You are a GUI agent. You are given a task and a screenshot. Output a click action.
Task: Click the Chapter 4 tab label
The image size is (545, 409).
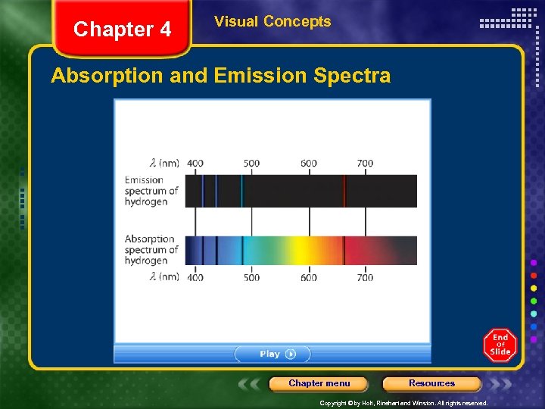(122, 30)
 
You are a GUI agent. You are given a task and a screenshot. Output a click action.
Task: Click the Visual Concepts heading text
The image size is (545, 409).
(272, 21)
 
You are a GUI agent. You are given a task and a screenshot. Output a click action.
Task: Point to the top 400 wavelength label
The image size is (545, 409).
(195, 163)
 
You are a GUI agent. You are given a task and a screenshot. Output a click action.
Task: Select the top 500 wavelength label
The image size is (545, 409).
(251, 163)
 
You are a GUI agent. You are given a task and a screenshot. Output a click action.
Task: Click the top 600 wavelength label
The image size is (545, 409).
(308, 163)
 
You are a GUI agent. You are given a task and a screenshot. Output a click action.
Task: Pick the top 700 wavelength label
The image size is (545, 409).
(365, 163)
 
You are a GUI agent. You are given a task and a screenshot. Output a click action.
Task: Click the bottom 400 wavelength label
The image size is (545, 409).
(195, 277)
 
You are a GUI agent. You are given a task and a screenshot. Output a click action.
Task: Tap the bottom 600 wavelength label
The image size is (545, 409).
(308, 277)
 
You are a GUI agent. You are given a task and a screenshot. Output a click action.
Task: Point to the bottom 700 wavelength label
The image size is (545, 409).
(365, 277)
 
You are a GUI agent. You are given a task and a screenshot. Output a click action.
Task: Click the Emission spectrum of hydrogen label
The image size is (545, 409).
(151, 191)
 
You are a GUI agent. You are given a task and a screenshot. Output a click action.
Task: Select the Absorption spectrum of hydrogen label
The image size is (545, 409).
(151, 249)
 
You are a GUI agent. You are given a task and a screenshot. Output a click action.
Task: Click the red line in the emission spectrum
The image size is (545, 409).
(344, 191)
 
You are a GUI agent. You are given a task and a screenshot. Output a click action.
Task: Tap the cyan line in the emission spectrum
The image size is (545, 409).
(242, 191)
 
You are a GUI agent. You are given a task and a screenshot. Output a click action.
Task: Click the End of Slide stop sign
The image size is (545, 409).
(500, 345)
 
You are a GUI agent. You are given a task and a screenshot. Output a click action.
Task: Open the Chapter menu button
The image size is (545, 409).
(319, 383)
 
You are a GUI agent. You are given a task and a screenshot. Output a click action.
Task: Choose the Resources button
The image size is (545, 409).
(431, 383)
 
